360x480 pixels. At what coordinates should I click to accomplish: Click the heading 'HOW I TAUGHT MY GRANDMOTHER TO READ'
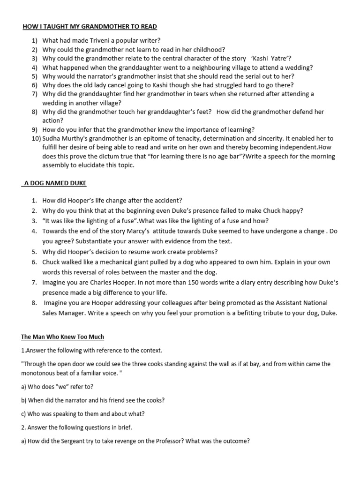pos(90,27)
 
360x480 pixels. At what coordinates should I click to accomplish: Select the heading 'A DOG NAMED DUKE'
pos(55,183)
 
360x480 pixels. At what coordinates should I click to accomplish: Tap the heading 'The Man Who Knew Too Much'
pos(63,337)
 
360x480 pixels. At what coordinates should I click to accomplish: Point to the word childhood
pos(208,50)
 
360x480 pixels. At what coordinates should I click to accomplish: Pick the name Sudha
pos(52,139)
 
